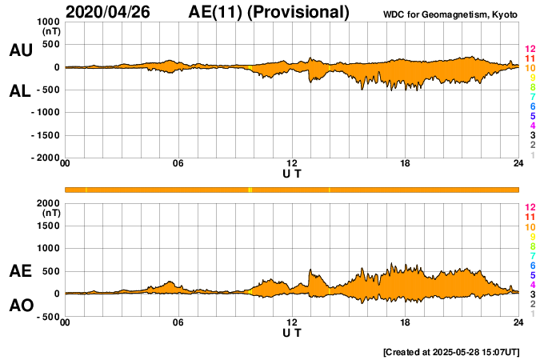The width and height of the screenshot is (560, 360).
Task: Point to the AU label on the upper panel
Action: point(21,50)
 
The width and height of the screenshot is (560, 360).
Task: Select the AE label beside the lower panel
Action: point(21,271)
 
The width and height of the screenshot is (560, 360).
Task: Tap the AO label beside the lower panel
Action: point(21,306)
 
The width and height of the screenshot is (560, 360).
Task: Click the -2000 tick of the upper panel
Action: point(45,158)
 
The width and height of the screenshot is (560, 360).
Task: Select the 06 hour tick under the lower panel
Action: point(178,322)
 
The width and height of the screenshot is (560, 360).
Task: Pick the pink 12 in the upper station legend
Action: point(530,49)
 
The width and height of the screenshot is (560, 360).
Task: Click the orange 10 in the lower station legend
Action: point(530,226)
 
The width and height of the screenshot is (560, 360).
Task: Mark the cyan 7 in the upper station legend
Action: point(531,97)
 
